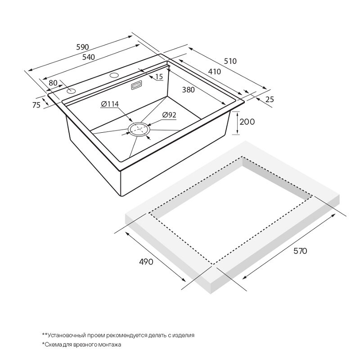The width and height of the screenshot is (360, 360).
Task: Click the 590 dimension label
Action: click(82, 47)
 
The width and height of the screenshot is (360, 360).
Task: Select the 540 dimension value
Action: click(89, 57)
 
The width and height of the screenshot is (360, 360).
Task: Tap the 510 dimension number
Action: click(230, 61)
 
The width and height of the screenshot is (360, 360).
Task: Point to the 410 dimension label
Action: click(215, 72)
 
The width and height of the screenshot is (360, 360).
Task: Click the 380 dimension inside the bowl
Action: click(188, 90)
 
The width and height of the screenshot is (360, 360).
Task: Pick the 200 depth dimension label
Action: click(247, 121)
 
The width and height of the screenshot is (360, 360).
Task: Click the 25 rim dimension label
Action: click(270, 99)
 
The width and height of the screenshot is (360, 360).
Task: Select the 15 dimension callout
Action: click(159, 76)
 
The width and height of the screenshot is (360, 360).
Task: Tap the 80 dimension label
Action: click(53, 83)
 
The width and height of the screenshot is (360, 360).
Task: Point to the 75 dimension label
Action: click(36, 105)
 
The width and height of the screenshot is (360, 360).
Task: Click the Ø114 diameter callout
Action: click(110, 104)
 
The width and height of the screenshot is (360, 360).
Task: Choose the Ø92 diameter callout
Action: click(169, 115)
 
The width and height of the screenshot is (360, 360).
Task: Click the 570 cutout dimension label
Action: click(300, 251)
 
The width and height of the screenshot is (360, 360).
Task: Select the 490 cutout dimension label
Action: click(146, 262)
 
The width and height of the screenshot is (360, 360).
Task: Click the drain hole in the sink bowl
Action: click(139, 130)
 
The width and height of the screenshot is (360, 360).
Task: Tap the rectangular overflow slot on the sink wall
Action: click(136, 85)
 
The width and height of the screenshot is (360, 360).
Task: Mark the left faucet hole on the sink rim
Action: click(71, 91)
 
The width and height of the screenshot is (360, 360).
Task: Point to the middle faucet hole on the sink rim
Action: click(114, 75)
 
